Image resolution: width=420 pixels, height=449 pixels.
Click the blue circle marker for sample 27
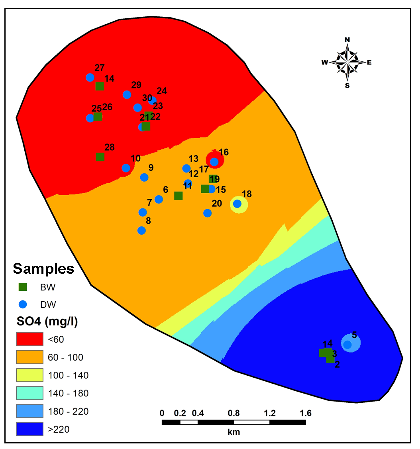click(90, 77)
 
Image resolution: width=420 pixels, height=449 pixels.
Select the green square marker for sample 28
click(100, 157)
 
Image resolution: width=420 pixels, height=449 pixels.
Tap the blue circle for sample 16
click(214, 161)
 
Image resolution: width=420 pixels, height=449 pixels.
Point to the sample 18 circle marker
click(237, 204)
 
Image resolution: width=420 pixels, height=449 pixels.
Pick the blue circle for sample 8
click(141, 230)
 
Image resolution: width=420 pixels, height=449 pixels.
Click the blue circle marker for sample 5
click(347, 344)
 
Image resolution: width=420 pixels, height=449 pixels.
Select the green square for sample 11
click(179, 196)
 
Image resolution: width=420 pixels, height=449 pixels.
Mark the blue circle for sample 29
click(127, 94)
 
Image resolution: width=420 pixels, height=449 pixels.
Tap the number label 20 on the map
click(217, 204)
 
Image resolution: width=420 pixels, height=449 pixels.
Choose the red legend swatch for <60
click(29, 339)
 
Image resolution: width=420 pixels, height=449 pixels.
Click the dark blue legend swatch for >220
click(29, 429)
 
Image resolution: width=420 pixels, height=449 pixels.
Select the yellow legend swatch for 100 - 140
click(29, 375)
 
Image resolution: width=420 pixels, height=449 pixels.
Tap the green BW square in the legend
click(23, 286)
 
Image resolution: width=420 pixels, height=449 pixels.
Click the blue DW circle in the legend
click(23, 304)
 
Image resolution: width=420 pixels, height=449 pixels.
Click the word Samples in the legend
click(43, 269)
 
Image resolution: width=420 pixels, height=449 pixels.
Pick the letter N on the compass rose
click(347, 39)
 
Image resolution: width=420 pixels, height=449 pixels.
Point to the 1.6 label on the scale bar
click(306, 413)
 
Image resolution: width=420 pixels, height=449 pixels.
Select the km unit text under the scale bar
click(234, 432)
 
